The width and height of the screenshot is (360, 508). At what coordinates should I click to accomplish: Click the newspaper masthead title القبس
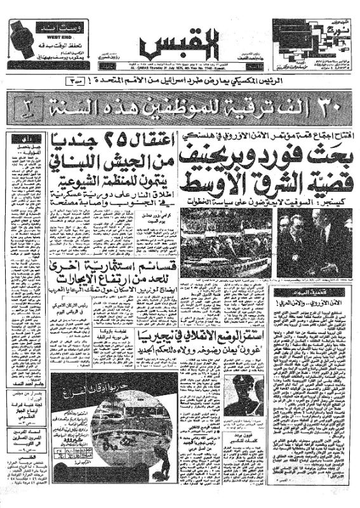click(180, 44)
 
